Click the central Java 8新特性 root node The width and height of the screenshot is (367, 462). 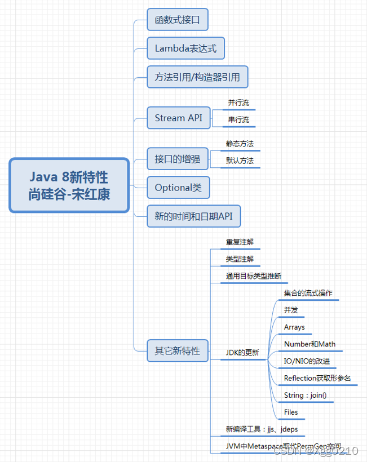[x=69, y=185]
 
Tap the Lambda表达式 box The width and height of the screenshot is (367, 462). [x=185, y=48]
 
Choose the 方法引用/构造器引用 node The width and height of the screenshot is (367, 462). [x=197, y=77]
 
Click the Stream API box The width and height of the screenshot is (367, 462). [x=178, y=118]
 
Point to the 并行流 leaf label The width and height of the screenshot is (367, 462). [x=238, y=103]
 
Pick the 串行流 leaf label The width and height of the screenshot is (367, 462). [x=238, y=119]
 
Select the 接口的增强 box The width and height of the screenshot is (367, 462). [x=178, y=159]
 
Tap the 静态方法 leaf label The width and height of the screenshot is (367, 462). [x=240, y=144]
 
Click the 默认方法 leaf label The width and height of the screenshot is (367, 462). [x=240, y=161]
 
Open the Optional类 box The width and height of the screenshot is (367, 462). [x=178, y=187]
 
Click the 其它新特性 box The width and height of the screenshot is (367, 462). [x=178, y=350]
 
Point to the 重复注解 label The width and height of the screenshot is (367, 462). [x=240, y=242]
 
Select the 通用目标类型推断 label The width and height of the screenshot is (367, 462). [x=253, y=276]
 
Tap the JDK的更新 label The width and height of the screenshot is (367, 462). [x=242, y=353]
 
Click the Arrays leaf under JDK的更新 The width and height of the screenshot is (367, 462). [x=294, y=327]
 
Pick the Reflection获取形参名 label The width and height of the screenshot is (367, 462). [x=317, y=378]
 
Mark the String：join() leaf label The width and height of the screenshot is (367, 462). [x=305, y=395]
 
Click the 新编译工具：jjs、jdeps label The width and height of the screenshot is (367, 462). [x=262, y=429]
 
